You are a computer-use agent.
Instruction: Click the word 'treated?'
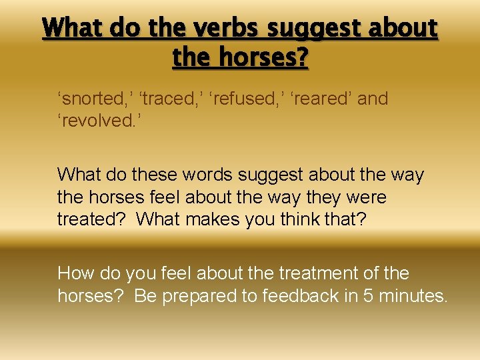click(x=91, y=220)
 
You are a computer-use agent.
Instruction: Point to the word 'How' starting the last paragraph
click(x=74, y=273)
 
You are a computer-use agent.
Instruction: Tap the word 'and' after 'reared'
click(x=373, y=99)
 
